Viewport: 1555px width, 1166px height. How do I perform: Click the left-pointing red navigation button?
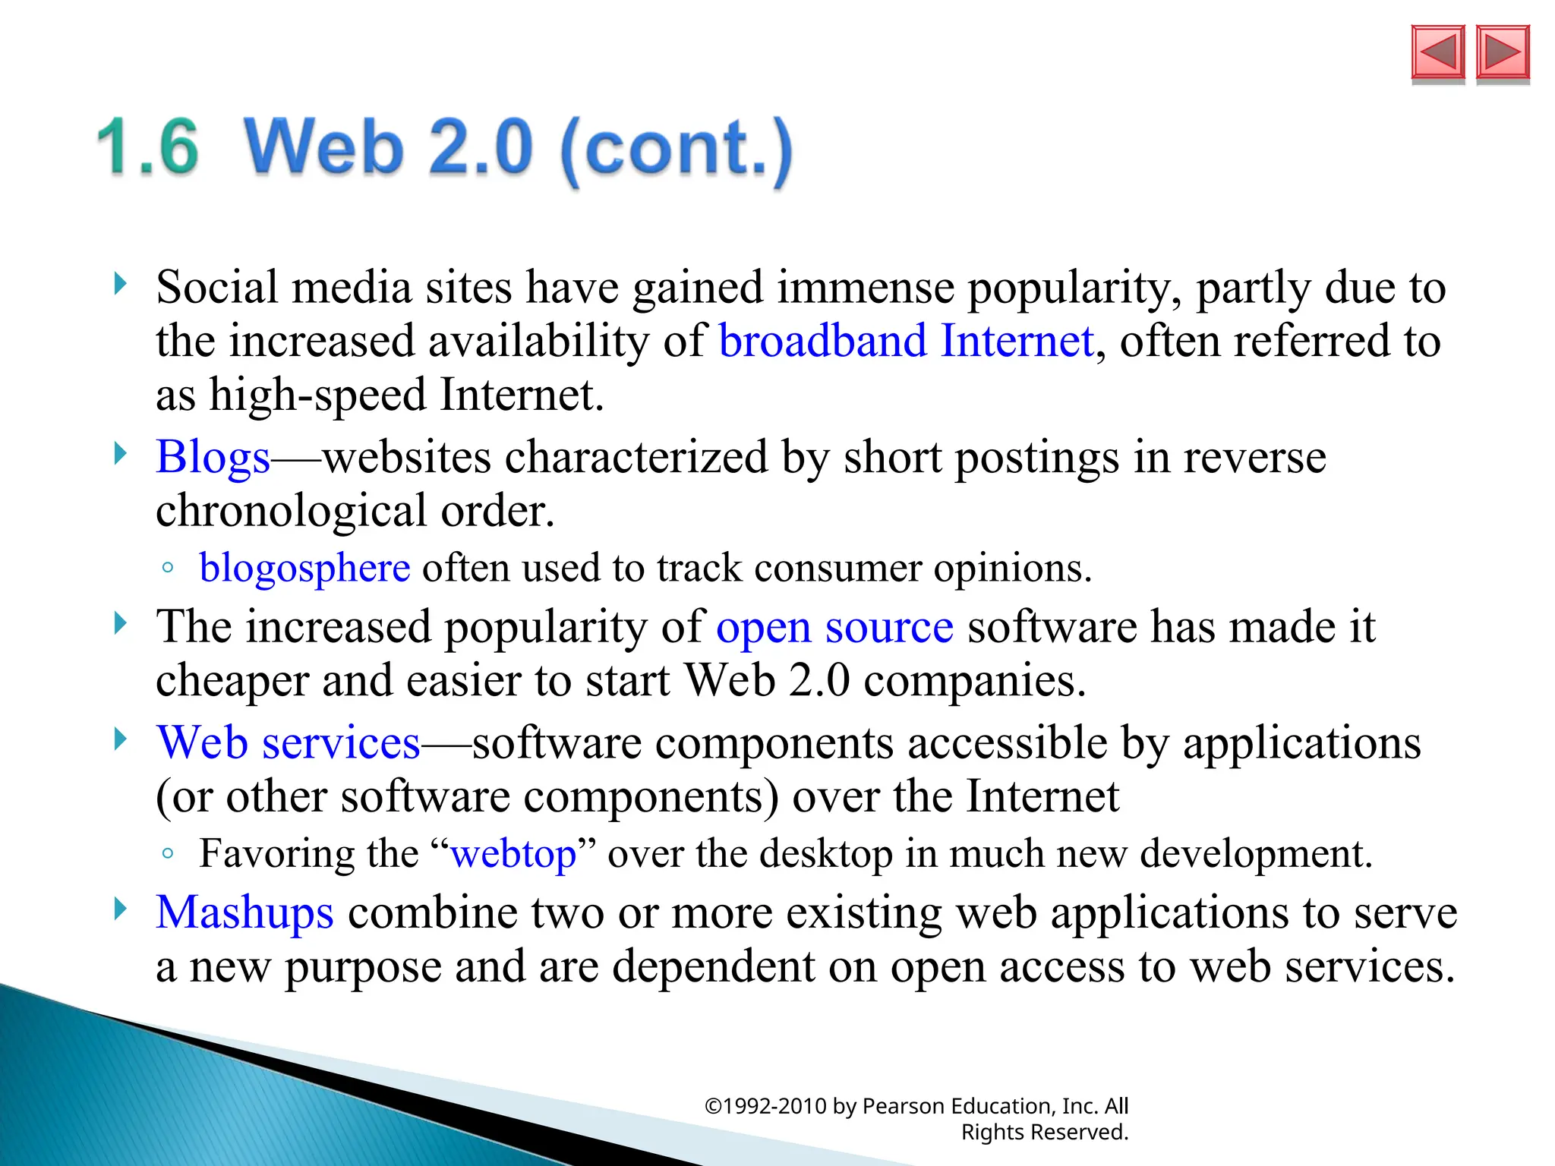(1437, 53)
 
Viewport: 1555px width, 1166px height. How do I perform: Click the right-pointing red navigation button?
(1503, 53)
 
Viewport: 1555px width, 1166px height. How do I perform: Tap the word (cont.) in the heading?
(676, 149)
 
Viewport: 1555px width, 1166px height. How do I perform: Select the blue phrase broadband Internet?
(906, 341)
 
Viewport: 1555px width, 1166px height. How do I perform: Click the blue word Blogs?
(213, 458)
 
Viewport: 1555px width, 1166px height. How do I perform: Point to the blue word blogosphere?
(304, 568)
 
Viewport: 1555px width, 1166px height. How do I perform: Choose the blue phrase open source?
(834, 628)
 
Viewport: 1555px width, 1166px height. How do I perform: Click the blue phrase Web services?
(288, 743)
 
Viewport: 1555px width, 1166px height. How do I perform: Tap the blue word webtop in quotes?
(513, 854)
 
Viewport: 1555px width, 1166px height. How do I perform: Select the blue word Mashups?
(244, 912)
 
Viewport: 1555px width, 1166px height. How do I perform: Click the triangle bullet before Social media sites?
(120, 285)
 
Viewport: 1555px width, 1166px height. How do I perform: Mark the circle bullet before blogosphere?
(169, 568)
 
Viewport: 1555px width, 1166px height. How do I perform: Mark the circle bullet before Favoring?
(169, 854)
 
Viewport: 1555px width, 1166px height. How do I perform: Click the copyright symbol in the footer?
(712, 1107)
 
